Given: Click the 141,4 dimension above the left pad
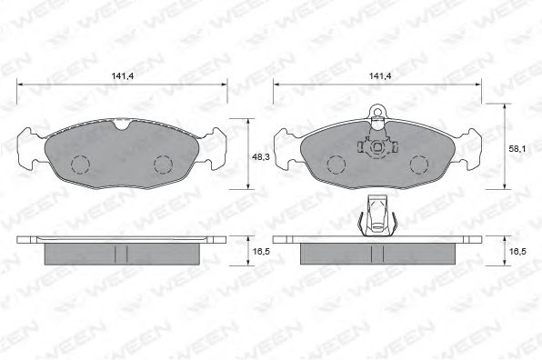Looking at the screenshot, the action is tap(123, 76).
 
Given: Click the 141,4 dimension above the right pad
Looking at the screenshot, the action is tap(380, 76).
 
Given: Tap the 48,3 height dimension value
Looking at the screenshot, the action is tap(261, 157).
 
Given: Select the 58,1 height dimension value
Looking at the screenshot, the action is tap(517, 149).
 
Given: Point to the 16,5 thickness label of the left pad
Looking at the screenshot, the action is tap(261, 252).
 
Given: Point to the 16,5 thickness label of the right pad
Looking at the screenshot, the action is tap(517, 252).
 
